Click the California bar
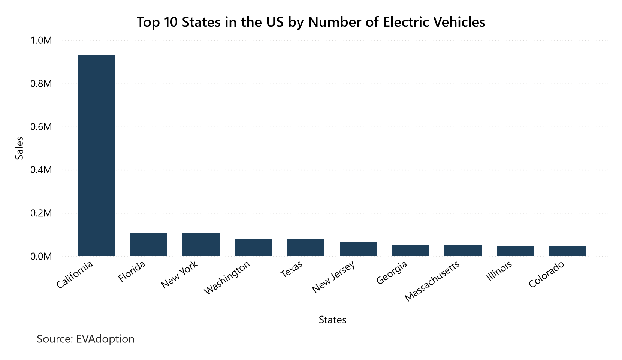[x=96, y=156]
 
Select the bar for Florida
[x=149, y=244]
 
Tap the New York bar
[x=201, y=244]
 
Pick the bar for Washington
[x=254, y=247]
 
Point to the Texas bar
[x=306, y=247]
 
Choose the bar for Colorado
[x=568, y=251]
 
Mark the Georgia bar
[x=411, y=250]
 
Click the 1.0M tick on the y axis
[x=41, y=40]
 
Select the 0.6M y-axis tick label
[x=41, y=127]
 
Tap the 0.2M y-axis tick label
[x=41, y=213]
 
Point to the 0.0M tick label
[x=41, y=256]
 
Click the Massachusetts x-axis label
[x=432, y=281]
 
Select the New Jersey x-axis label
[x=333, y=277]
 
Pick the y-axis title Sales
[x=19, y=148]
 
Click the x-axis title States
[x=332, y=319]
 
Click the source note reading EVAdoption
[x=85, y=339]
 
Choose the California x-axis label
[x=75, y=275]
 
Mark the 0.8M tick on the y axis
[x=41, y=84]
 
